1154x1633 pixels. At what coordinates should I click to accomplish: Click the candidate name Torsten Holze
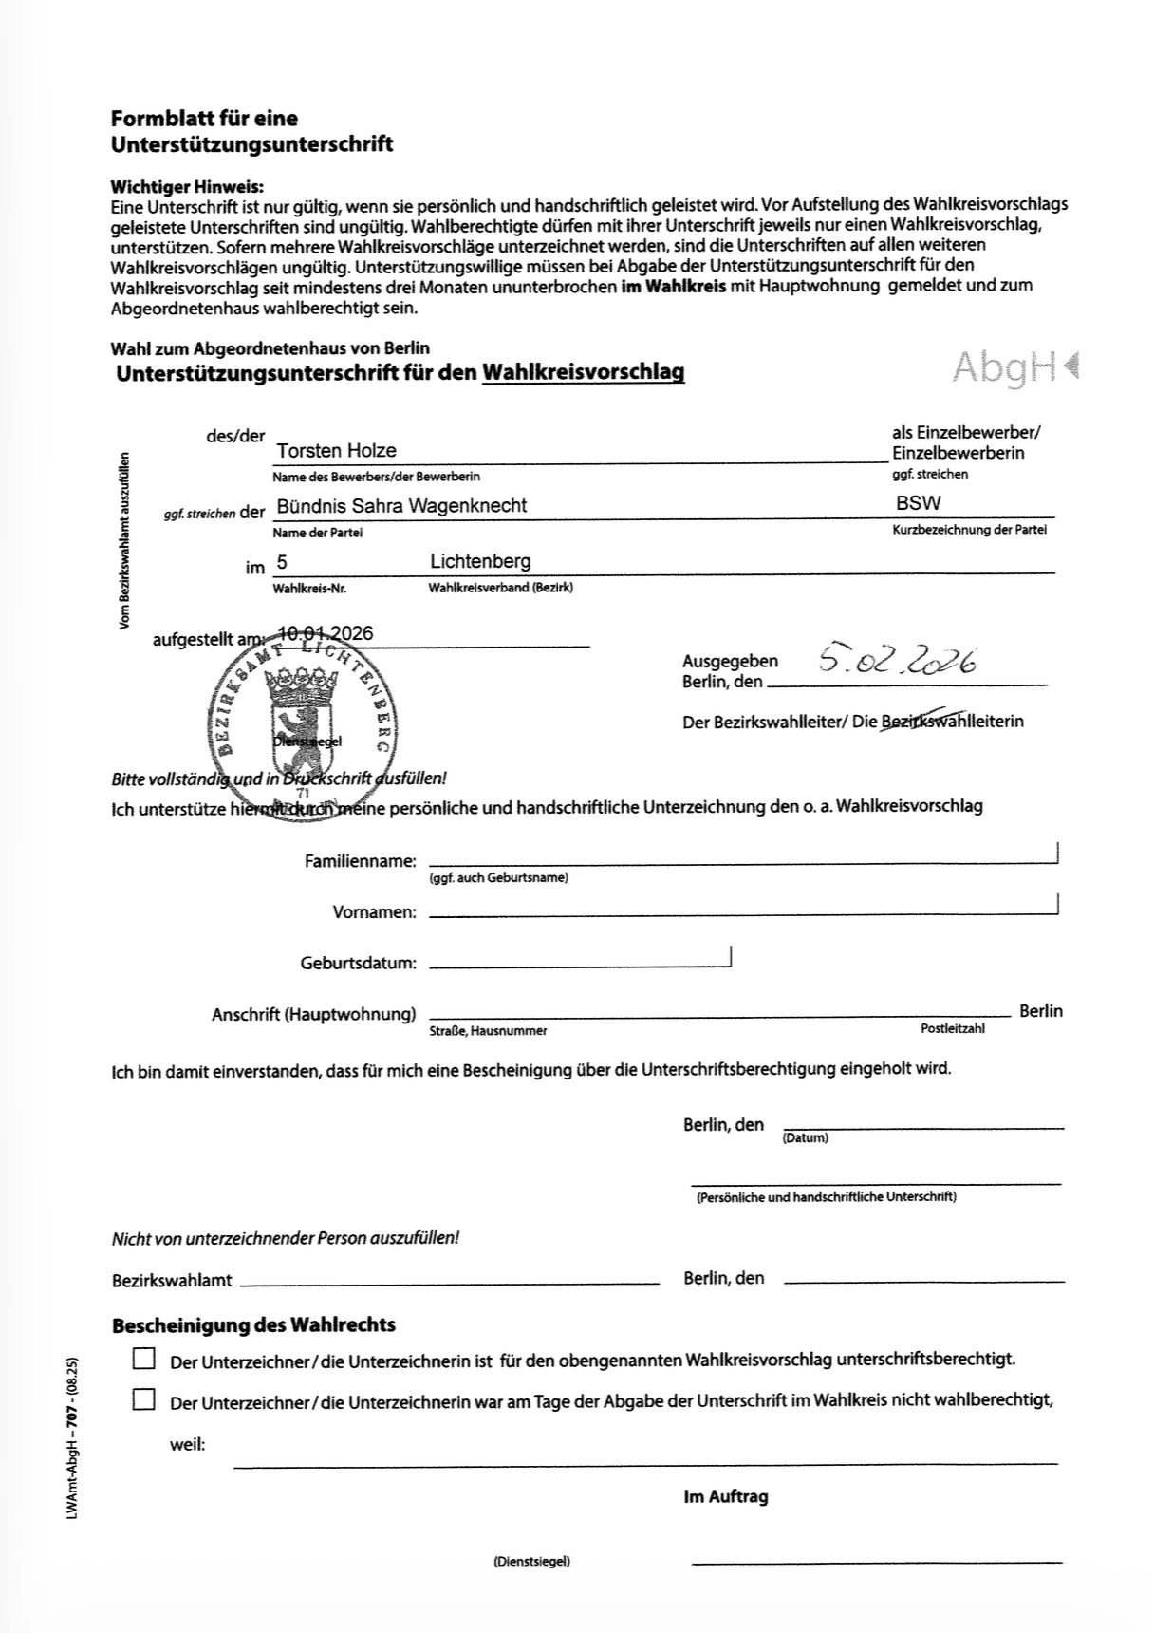[336, 451]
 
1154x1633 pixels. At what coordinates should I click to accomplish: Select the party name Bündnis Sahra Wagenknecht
[401, 506]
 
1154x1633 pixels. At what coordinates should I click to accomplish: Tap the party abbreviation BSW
[918, 503]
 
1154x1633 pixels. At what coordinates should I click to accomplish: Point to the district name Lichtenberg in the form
[480, 562]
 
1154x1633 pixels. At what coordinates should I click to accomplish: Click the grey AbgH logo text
[1006, 366]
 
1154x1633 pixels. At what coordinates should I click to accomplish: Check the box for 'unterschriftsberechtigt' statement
[144, 1359]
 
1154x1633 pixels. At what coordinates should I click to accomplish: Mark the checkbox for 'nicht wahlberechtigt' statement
[144, 1399]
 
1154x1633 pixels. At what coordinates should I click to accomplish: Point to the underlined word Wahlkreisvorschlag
[583, 373]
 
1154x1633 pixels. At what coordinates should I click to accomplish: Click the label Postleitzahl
[952, 1029]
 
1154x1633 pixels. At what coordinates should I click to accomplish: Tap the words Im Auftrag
[725, 1497]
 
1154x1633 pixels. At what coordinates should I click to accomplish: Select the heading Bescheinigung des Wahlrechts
[253, 1324]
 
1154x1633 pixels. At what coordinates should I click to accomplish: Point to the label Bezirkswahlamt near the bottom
[172, 1280]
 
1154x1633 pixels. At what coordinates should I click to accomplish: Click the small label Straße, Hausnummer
[488, 1031]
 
